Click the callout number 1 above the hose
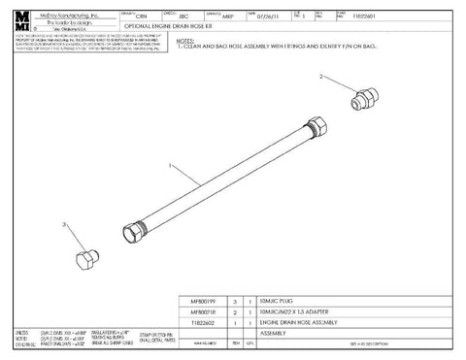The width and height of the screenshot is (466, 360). coord(171,167)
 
